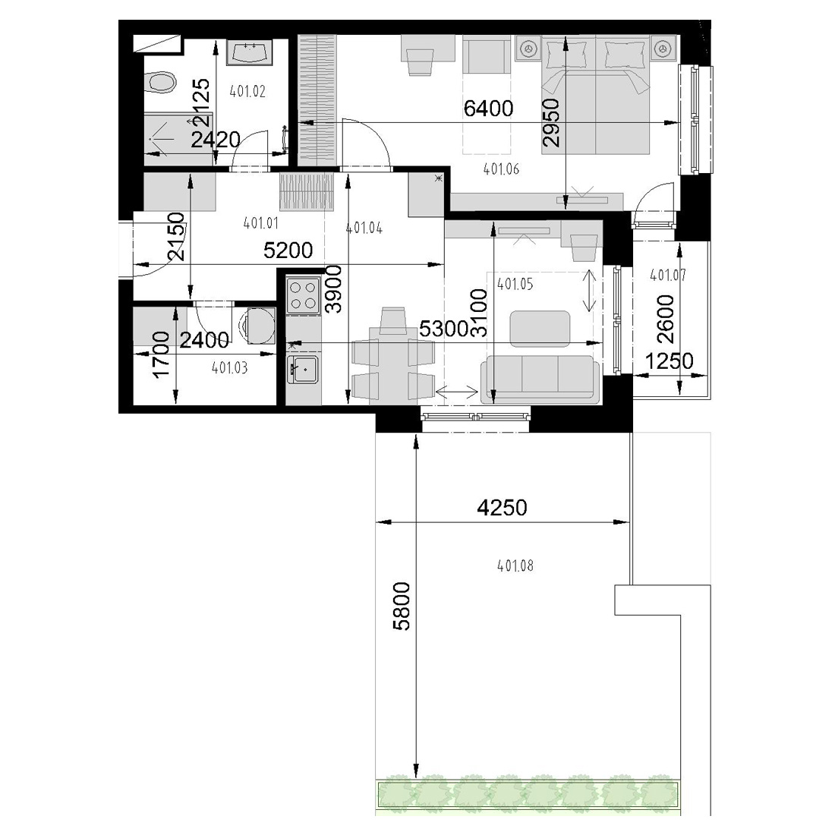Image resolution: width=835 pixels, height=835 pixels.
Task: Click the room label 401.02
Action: (x=247, y=92)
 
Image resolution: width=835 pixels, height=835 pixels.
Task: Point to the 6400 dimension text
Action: (x=488, y=109)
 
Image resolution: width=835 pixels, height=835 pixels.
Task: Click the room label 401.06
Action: (x=501, y=169)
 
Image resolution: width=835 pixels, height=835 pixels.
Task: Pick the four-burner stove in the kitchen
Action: (x=303, y=295)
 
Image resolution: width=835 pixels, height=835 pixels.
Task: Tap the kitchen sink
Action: (x=302, y=369)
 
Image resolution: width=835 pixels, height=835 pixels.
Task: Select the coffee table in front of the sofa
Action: (x=540, y=329)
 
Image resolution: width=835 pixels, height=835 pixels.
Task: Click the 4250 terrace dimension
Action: (x=503, y=508)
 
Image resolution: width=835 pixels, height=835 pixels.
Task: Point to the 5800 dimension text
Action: (x=402, y=606)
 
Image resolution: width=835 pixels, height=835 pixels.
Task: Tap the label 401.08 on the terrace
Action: (x=515, y=566)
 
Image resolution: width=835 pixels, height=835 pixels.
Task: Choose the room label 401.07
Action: (x=668, y=276)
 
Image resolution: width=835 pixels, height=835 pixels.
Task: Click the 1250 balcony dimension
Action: (x=669, y=361)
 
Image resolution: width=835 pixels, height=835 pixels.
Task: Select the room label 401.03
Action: (x=229, y=368)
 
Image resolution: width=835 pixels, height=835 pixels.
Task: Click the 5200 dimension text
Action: (x=288, y=250)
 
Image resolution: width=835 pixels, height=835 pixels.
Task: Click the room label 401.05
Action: (x=515, y=285)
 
